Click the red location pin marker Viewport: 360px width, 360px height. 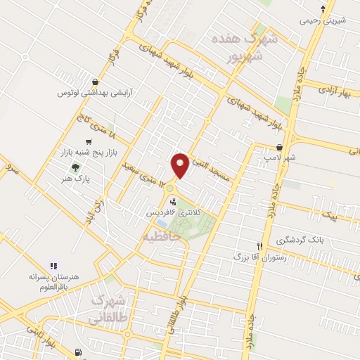tap(180, 165)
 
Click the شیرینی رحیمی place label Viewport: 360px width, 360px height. tap(323, 20)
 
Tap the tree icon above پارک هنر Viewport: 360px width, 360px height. tap(75, 167)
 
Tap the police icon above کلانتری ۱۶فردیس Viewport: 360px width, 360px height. tap(173, 201)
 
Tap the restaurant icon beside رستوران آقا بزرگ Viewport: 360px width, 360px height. tap(259, 247)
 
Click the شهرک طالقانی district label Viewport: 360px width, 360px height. tap(108, 309)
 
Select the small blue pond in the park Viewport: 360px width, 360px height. tap(163, 224)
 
